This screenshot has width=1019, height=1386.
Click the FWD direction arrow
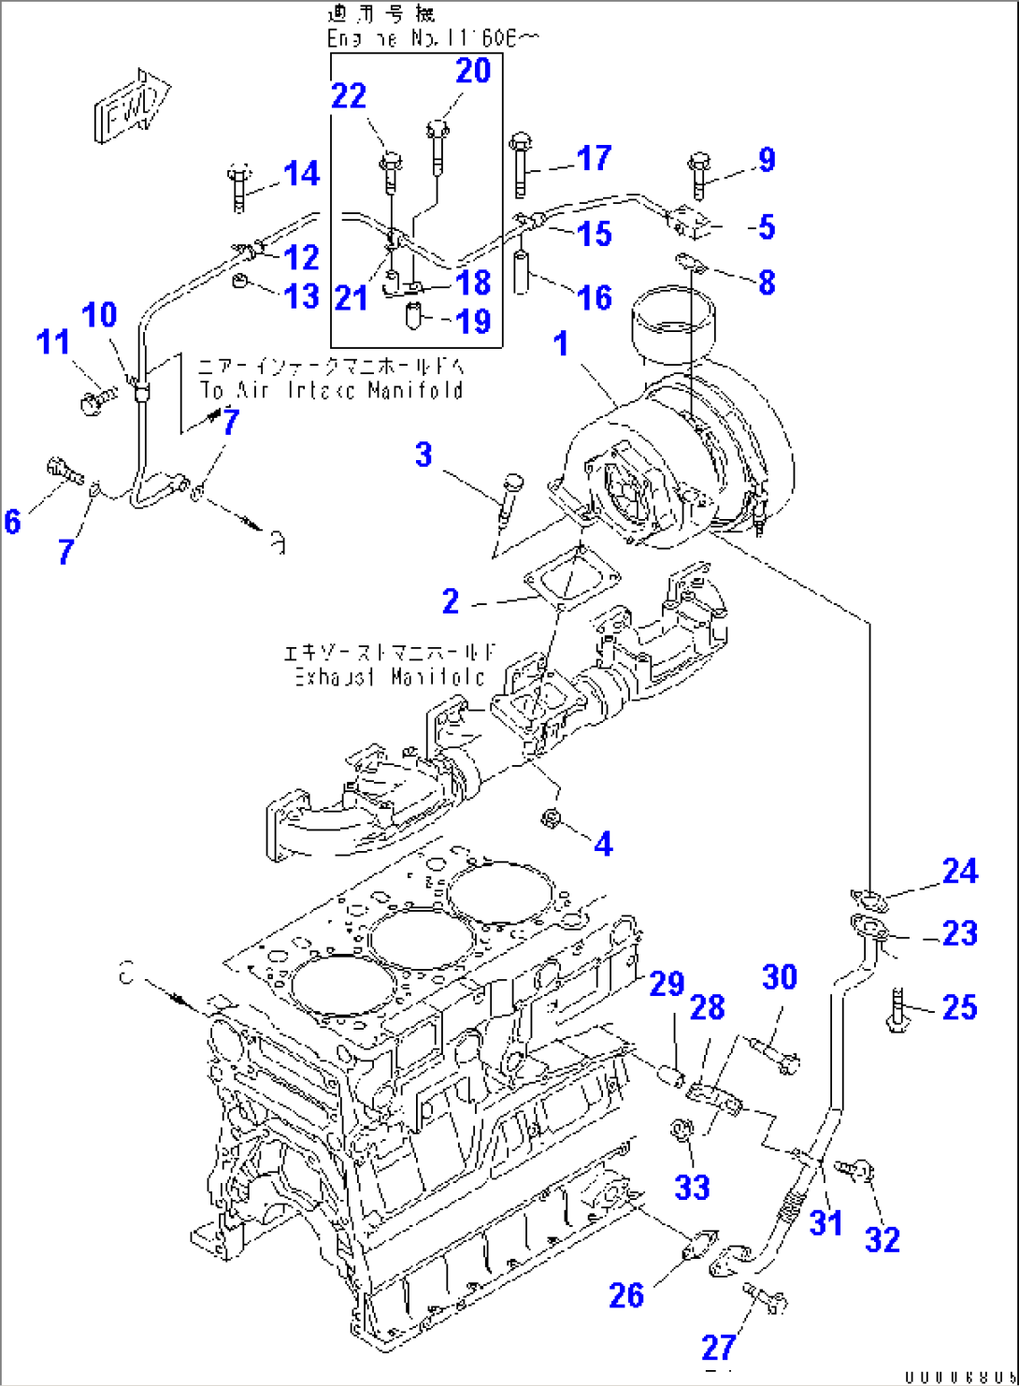[x=131, y=105]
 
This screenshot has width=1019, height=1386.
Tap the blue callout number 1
[x=561, y=344]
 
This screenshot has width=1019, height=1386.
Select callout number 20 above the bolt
[x=473, y=70]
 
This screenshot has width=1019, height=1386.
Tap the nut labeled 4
[x=552, y=819]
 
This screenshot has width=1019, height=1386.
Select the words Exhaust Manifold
[x=390, y=676]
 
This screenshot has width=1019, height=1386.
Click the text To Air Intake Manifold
[x=331, y=390]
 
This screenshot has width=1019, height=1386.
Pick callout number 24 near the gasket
[x=960, y=871]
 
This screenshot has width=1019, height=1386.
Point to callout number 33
[x=692, y=1187]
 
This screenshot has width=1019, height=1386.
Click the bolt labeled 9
[x=699, y=174]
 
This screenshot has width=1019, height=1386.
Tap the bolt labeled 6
[x=64, y=468]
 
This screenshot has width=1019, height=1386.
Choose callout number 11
[x=53, y=341]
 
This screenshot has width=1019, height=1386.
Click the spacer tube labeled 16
[x=524, y=270]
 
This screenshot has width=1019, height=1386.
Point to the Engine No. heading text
[x=433, y=38]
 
